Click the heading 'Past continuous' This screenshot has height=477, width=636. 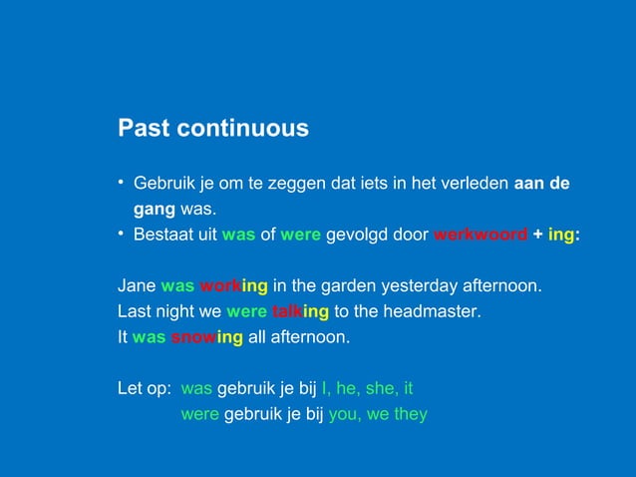tap(213, 129)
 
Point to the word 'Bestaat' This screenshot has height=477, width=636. tap(163, 236)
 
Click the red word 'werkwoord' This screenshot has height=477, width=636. tap(480, 236)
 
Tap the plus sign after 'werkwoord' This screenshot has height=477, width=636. tap(538, 236)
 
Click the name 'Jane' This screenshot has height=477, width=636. tap(137, 285)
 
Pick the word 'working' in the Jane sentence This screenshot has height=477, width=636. tap(233, 285)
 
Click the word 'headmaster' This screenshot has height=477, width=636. tap(432, 311)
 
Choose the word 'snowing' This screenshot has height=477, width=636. tap(206, 337)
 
